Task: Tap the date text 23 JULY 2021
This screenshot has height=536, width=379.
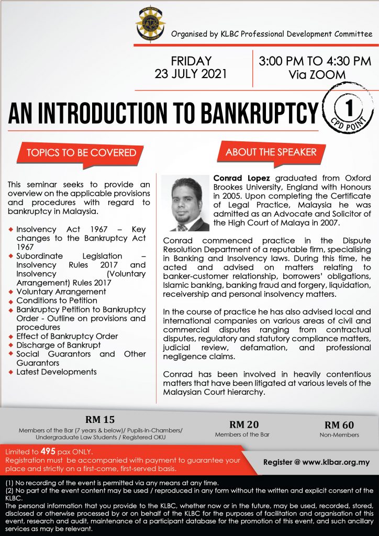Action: click(191, 73)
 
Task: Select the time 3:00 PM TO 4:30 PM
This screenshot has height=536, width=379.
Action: click(315, 61)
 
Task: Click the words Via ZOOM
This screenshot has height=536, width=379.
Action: click(317, 75)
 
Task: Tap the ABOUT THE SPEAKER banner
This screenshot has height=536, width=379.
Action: click(271, 152)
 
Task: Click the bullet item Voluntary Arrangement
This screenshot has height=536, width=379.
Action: click(61, 292)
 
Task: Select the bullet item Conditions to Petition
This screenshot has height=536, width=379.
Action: click(57, 300)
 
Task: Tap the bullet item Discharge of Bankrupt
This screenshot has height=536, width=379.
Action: click(58, 345)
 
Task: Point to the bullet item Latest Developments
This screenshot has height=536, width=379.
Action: click(57, 372)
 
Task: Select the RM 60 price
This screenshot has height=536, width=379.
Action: click(339, 424)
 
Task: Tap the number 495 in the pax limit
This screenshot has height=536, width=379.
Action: click(48, 451)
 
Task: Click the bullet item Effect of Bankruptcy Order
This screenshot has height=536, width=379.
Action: click(67, 336)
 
